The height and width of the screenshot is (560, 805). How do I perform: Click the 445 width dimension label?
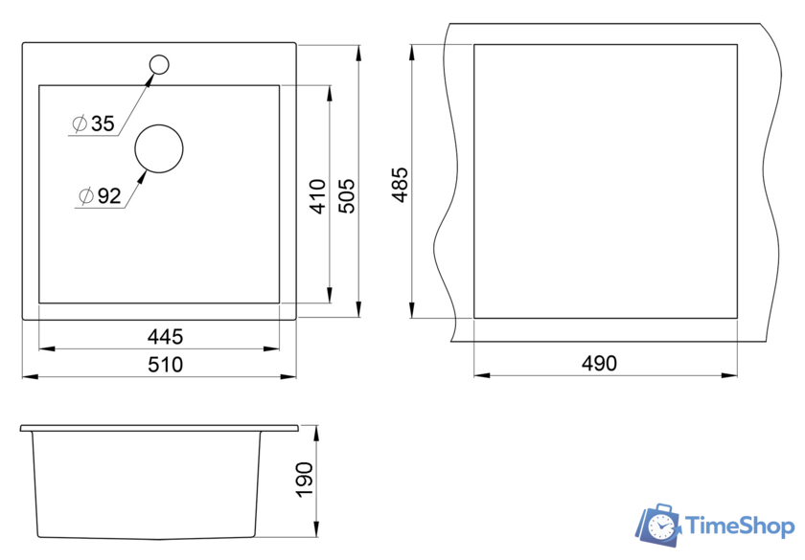(x=165, y=337)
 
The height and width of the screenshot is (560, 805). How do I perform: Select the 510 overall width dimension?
(x=165, y=365)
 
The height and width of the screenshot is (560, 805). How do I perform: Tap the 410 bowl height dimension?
(x=318, y=196)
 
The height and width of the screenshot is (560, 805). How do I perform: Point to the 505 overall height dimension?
(x=347, y=196)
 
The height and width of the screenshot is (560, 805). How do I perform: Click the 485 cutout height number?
(x=400, y=185)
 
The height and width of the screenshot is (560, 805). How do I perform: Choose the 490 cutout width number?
(x=599, y=364)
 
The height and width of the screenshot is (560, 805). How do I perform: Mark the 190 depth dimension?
(x=305, y=480)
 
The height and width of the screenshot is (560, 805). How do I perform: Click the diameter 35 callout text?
(x=94, y=123)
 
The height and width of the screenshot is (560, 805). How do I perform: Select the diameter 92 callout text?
(x=100, y=196)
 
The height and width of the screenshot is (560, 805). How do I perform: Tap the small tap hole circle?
(x=159, y=56)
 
